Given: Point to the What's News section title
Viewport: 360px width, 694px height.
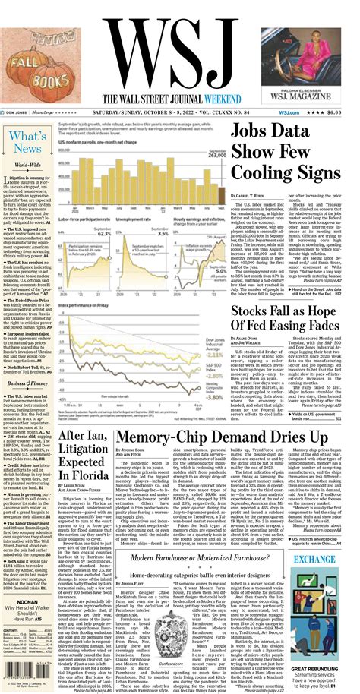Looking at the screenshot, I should [x=27, y=141].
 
